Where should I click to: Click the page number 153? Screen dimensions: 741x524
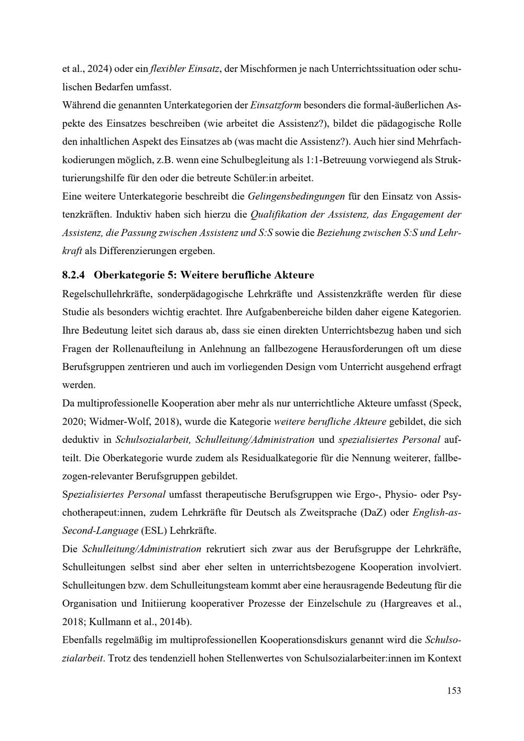(x=454, y=691)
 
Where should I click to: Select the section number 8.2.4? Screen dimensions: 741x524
(x=73, y=275)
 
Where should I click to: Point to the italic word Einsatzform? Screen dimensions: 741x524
(x=276, y=105)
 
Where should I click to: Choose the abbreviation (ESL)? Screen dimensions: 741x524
(x=152, y=530)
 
